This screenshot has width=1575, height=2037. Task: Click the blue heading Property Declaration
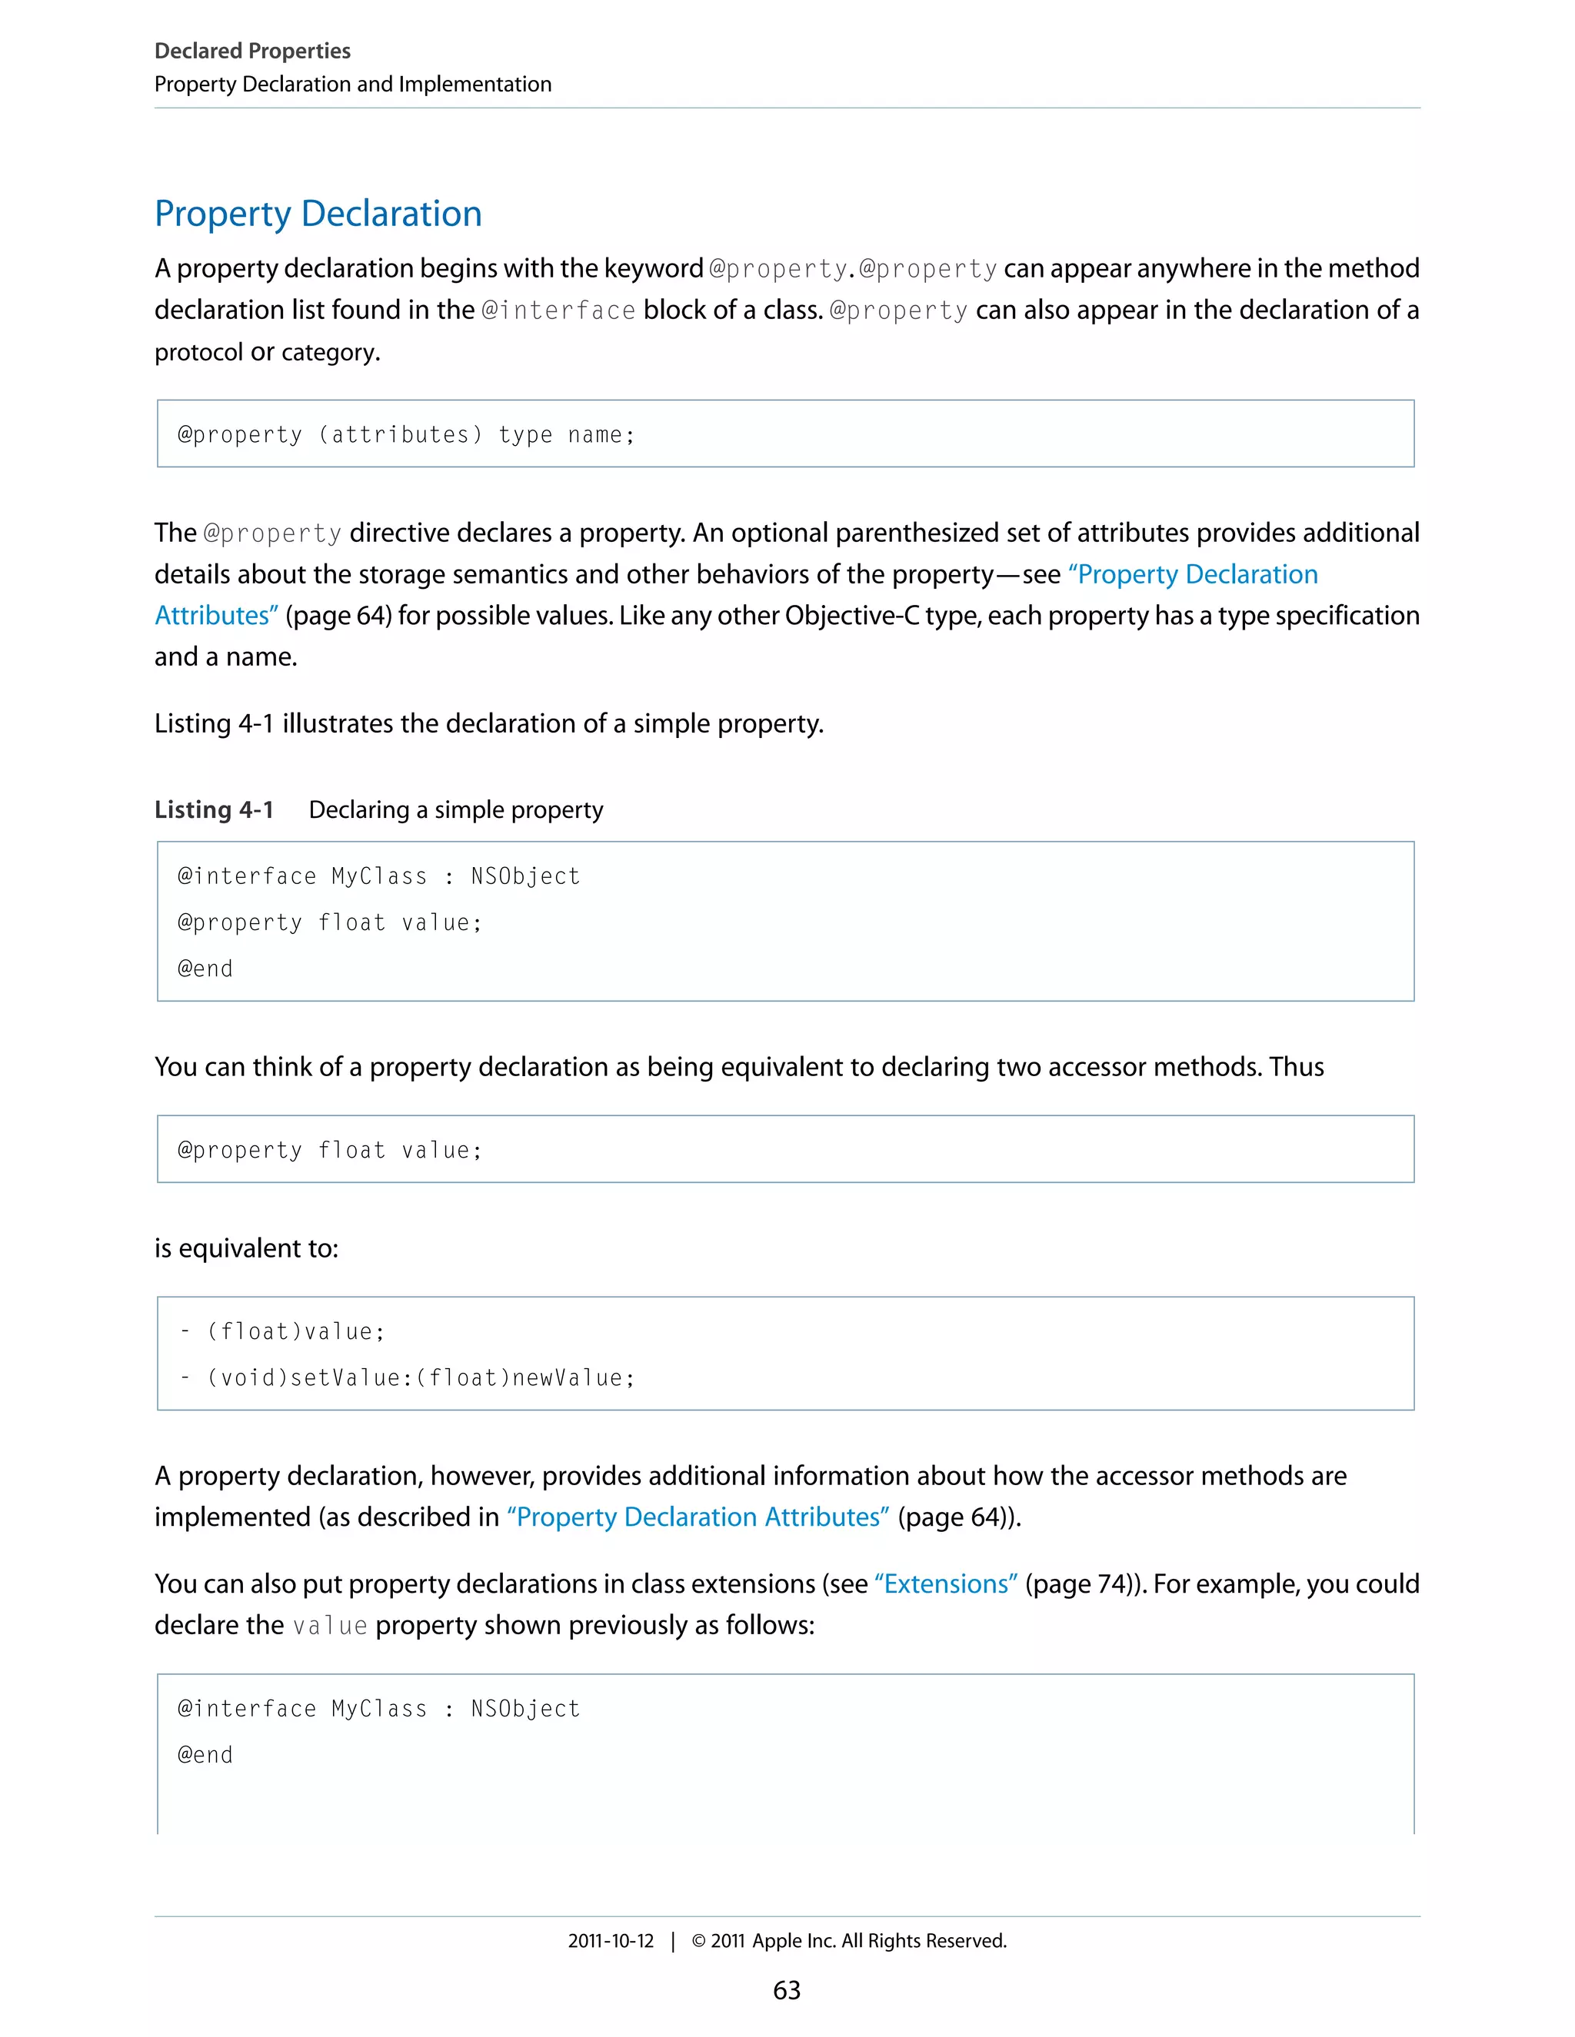tap(318, 214)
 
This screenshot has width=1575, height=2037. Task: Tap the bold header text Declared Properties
tap(252, 51)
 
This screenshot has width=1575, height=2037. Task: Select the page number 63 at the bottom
tap(787, 1989)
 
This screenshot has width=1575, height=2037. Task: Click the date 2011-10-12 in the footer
tap(611, 1940)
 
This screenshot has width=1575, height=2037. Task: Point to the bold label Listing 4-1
tap(214, 809)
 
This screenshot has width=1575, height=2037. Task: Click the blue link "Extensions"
tap(946, 1583)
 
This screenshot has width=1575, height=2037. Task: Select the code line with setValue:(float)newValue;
tap(407, 1377)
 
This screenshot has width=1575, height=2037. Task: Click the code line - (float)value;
tap(281, 1331)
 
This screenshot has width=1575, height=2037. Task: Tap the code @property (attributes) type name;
tap(406, 434)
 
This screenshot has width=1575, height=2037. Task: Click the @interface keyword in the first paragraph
tap(558, 310)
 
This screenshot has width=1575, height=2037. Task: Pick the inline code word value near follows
tap(329, 1625)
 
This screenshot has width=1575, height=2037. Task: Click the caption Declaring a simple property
tap(455, 809)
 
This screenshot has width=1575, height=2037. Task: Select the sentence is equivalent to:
tap(246, 1247)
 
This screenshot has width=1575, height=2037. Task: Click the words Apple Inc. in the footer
tap(794, 1940)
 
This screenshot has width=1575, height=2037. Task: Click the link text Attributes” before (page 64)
tap(216, 616)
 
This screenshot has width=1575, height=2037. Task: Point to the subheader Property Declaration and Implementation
tap(353, 84)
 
